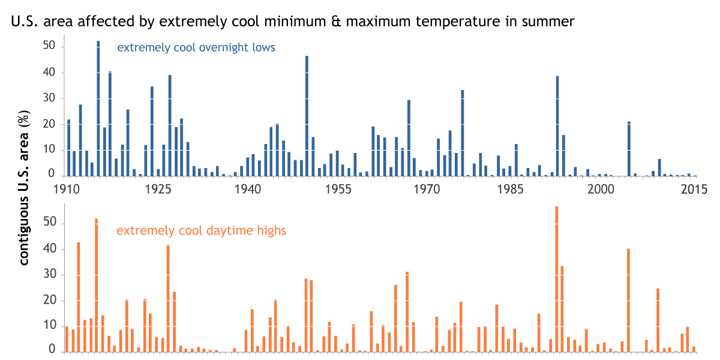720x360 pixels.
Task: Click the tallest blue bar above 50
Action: pos(98,108)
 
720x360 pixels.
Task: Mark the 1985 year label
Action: pos(516,189)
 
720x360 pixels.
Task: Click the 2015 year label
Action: pos(692,189)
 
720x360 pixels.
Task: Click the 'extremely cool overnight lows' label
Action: pos(196,47)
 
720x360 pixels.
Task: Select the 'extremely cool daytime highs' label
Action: pos(201,230)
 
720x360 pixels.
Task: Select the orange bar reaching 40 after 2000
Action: pos(628,300)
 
